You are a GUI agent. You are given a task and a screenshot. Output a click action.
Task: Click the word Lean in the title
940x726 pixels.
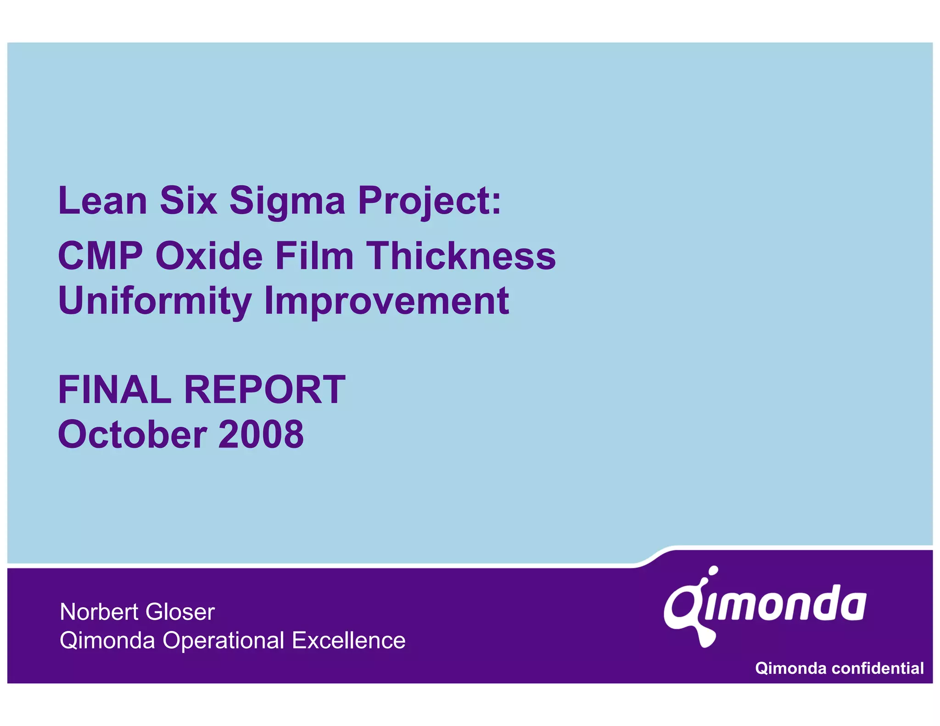(102, 201)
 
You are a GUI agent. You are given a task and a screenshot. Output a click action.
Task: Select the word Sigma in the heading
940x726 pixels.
(287, 201)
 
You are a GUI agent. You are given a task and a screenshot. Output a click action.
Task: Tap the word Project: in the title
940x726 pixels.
(429, 201)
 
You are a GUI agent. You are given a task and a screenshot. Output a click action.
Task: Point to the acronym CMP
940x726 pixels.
(101, 256)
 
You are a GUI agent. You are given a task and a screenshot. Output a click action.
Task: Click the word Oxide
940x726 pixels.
(209, 256)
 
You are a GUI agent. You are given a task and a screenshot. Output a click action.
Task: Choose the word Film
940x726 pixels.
(314, 256)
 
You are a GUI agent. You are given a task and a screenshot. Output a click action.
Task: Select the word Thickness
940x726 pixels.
(461, 256)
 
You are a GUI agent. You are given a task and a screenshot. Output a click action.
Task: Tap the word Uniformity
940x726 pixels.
(155, 302)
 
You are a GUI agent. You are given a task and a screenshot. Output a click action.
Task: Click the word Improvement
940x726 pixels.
(386, 302)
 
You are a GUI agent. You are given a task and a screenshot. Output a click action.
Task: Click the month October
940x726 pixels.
(132, 435)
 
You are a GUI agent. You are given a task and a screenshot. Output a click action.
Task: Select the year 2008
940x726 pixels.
(261, 435)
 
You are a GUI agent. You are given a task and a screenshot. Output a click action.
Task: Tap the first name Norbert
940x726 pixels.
(99, 612)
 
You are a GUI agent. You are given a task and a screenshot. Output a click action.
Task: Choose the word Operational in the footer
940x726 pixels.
(224, 641)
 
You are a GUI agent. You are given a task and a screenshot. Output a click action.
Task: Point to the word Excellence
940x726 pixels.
(348, 640)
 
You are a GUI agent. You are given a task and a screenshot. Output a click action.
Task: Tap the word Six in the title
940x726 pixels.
(188, 201)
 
